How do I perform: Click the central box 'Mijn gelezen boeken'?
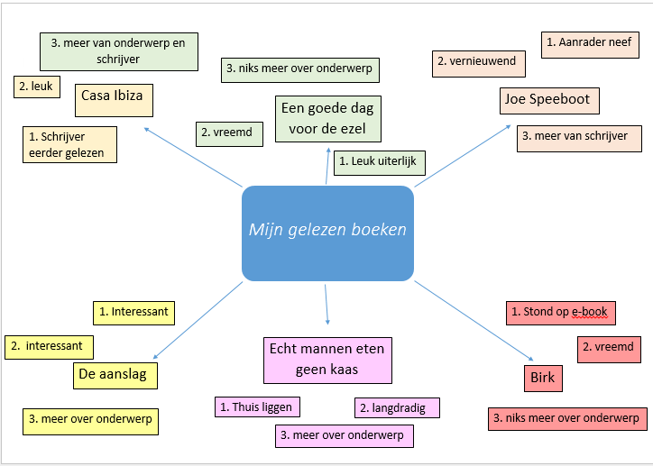click(327, 233)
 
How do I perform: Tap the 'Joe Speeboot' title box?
click(548, 100)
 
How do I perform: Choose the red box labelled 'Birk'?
click(543, 378)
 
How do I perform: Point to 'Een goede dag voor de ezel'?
click(327, 118)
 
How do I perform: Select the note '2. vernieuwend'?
click(477, 61)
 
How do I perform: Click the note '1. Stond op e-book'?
click(560, 313)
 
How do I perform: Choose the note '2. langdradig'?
click(397, 407)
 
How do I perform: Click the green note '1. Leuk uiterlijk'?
click(380, 163)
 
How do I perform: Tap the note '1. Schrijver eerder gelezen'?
click(69, 145)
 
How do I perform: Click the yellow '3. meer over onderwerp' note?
click(89, 419)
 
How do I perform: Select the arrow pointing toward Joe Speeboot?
click(463, 155)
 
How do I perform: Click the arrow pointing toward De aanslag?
click(198, 322)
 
